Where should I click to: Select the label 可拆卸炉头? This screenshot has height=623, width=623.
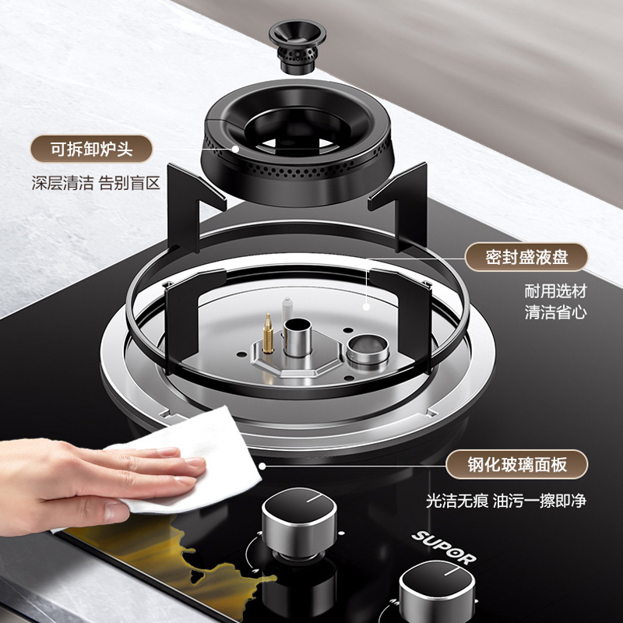[92, 148]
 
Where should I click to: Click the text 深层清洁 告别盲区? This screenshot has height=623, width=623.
[95, 184]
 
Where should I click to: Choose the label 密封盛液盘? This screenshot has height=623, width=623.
[526, 257]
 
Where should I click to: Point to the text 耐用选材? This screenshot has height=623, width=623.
[555, 292]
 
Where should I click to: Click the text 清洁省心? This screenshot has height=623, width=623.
[555, 313]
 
